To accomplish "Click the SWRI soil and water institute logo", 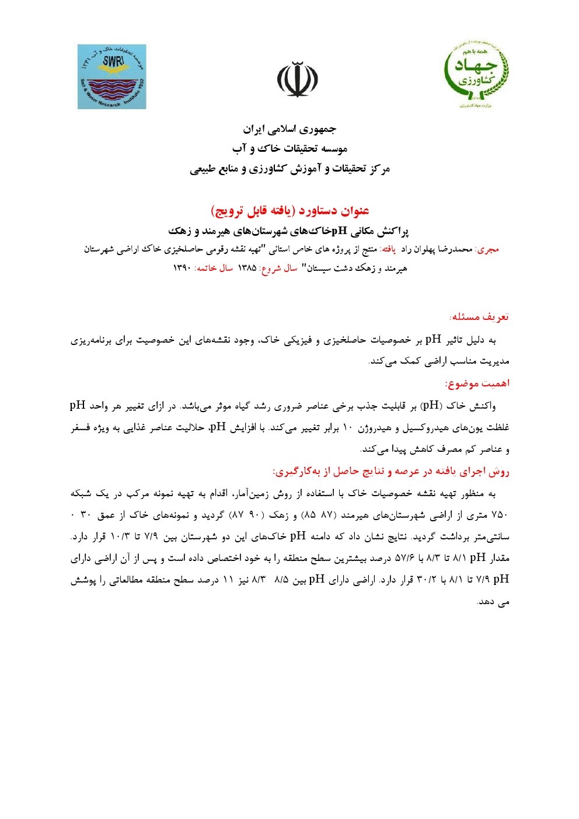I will [111, 76].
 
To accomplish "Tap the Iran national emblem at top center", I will [298, 79].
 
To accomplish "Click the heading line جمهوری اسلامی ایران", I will [290, 129].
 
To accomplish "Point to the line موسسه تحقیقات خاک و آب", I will [290, 149].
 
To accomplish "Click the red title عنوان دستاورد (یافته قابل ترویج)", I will [290, 211].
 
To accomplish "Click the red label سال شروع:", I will [278, 269].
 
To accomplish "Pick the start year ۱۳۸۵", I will [247, 269].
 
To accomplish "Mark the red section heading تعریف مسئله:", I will [479, 317].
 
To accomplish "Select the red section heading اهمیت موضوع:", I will [477, 384].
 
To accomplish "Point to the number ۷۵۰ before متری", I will [501, 515].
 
